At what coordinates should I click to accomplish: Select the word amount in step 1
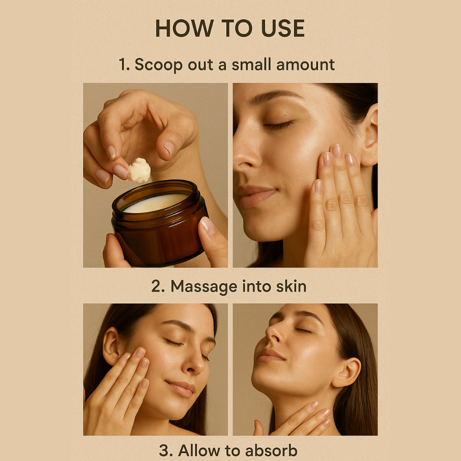tap(305, 64)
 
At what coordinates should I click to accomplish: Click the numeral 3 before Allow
tap(163, 451)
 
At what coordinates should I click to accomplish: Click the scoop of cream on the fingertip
tap(139, 170)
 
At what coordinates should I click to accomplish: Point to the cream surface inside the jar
tap(156, 203)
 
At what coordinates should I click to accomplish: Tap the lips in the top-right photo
tap(256, 197)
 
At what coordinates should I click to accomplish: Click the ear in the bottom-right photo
tap(347, 371)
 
